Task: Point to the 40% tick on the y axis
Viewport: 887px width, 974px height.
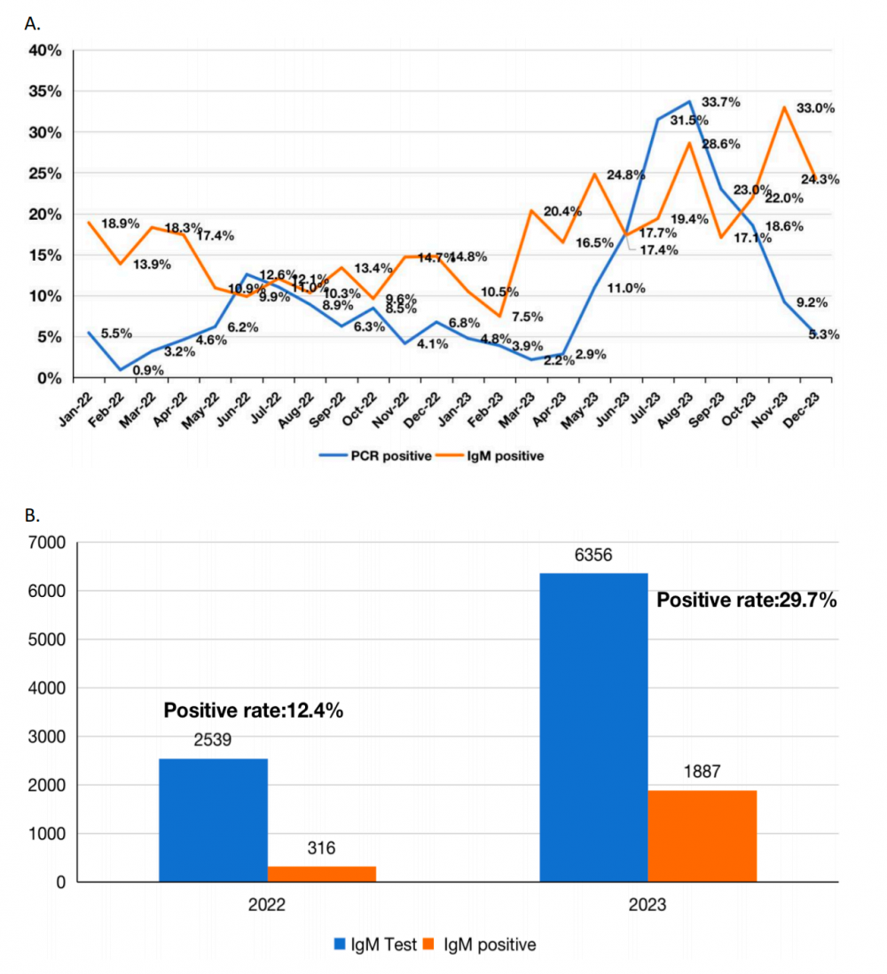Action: (44, 51)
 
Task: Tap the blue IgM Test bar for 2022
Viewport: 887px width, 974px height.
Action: (213, 820)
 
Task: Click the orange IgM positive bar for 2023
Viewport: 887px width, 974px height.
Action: (703, 836)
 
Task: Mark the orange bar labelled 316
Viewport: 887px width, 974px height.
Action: (322, 874)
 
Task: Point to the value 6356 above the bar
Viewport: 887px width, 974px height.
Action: (593, 558)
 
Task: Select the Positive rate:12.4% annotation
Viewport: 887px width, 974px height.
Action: (254, 711)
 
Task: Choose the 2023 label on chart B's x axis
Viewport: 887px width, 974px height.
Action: (648, 907)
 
